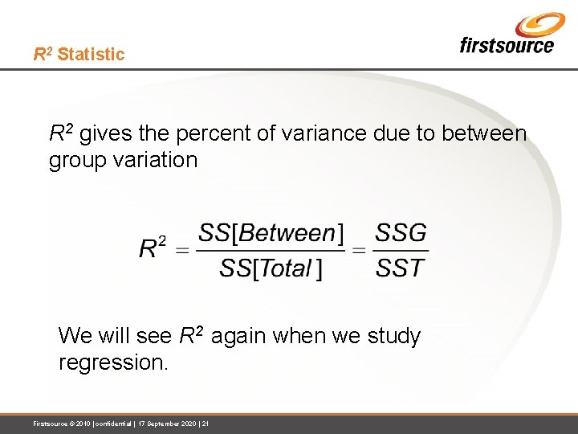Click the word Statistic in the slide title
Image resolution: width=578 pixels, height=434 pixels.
91,55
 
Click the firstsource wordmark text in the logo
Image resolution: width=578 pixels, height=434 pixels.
506,45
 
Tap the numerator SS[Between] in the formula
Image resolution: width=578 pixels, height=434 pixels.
271,234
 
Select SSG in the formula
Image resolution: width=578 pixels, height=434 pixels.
401,234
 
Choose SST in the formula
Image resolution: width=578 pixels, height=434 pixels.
401,268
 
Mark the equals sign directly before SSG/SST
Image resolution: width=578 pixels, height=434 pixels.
359,251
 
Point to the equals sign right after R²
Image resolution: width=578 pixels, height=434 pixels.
182,251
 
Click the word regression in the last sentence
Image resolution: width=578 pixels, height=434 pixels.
113,362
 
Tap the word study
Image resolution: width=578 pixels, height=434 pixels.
393,336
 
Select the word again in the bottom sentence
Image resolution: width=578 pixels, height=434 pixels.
240,336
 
